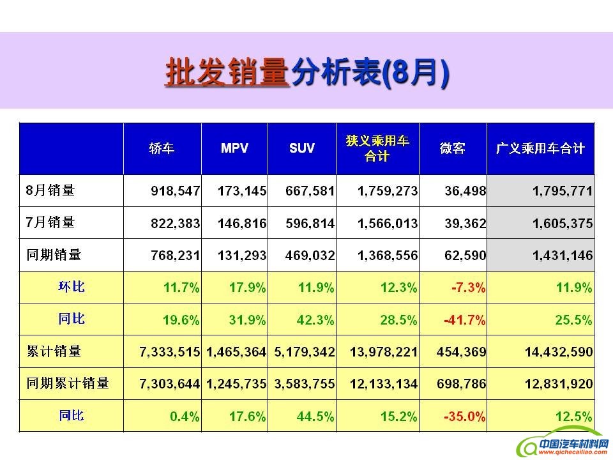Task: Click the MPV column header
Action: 234,148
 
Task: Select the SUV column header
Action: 302,148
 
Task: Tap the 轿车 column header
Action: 162,148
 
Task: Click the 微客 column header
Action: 452,148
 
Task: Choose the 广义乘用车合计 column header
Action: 540,148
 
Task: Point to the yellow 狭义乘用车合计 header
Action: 377,148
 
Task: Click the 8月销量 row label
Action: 50,190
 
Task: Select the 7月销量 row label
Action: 50,222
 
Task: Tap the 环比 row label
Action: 72,287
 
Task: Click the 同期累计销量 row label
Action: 68,383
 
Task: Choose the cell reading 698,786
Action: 464,384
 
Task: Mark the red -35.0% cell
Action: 464,417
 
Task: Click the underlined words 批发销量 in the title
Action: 228,73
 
